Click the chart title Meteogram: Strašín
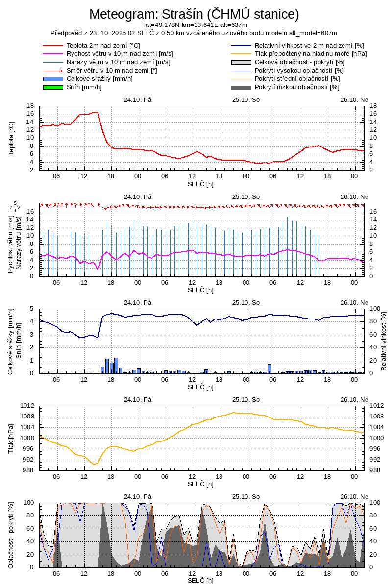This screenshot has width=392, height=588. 194,14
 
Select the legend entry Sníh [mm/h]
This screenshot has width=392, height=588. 84,87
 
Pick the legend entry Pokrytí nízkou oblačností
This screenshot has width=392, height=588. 297,87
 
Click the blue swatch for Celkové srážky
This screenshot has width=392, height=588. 53,79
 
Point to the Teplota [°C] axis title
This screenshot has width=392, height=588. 11,138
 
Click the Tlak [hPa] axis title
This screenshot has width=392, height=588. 11,438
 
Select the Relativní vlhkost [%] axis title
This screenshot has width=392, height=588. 384,341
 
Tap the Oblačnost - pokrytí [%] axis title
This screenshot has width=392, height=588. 11,535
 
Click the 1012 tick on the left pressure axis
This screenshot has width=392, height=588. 27,406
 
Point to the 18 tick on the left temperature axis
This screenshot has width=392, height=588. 30,106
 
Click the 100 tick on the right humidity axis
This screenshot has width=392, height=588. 374,309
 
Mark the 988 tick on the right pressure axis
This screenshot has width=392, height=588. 375,470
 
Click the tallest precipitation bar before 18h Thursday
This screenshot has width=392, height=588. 116,366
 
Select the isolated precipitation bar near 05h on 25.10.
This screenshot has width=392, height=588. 269,368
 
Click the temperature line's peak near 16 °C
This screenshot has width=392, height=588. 95,112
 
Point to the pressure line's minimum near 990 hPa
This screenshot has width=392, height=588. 94,465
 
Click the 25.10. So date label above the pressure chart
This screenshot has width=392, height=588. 246,399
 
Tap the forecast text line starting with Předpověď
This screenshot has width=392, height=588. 194,33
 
